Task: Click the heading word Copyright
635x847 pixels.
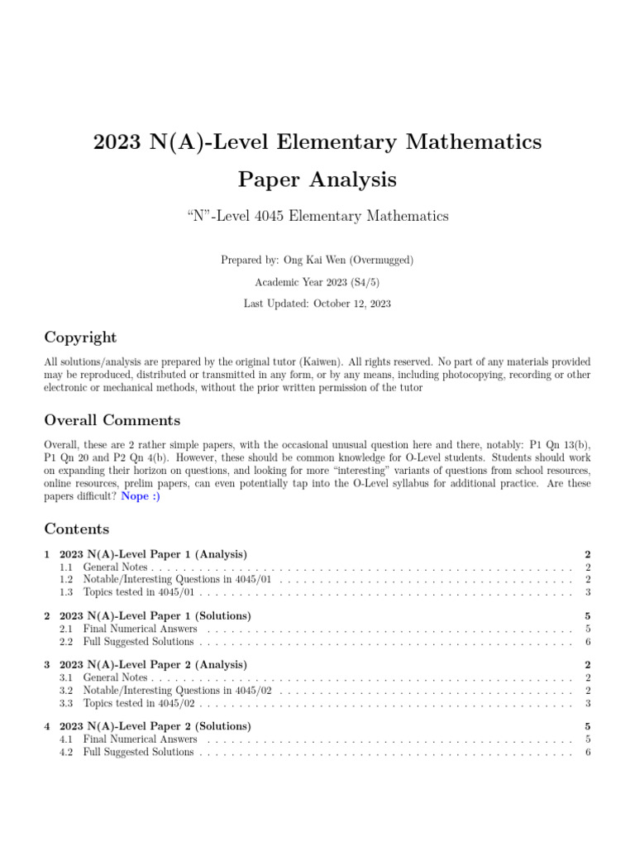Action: pos(80,337)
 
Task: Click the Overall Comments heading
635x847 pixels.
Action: pos(112,420)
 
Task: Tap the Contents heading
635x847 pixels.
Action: pos(76,529)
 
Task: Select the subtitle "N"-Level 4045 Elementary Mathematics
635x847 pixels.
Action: pos(317,217)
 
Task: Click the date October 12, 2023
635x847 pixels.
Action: pos(352,304)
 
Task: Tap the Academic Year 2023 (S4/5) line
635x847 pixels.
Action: pos(317,282)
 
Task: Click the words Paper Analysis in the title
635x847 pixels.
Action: pos(317,179)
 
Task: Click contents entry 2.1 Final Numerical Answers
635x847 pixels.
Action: pos(140,629)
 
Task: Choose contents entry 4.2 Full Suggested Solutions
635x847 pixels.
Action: pos(138,752)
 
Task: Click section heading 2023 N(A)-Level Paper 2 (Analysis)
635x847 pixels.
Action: pos(153,665)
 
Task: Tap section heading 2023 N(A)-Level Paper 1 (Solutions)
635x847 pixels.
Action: pos(155,616)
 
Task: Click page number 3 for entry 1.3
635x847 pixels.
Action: pos(587,592)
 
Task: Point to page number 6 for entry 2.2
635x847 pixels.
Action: pos(587,641)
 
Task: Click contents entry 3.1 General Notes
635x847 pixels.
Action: pos(115,677)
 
